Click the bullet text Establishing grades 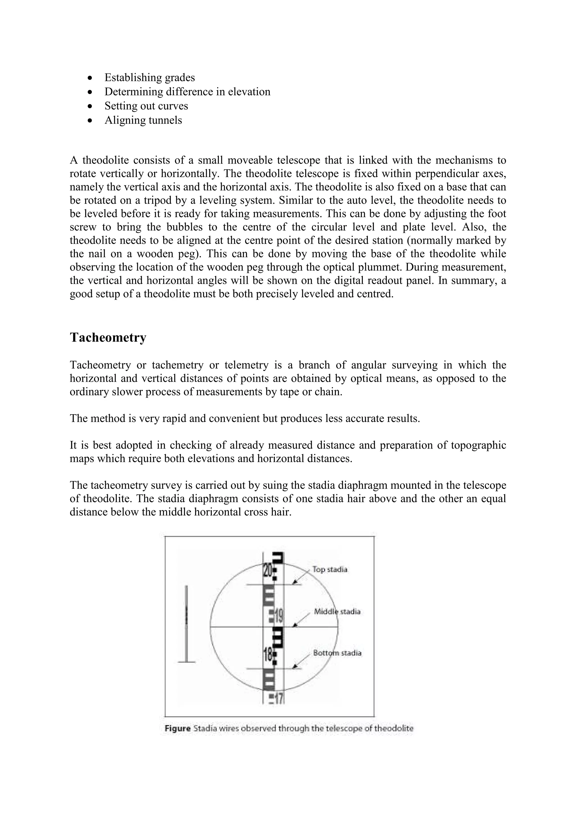[150, 77]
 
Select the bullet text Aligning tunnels [143, 120]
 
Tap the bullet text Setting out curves [146, 106]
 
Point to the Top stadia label [330, 569]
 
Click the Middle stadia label [337, 612]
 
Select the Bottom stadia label [337, 653]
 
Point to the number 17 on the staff [279, 699]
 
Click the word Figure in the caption [178, 729]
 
